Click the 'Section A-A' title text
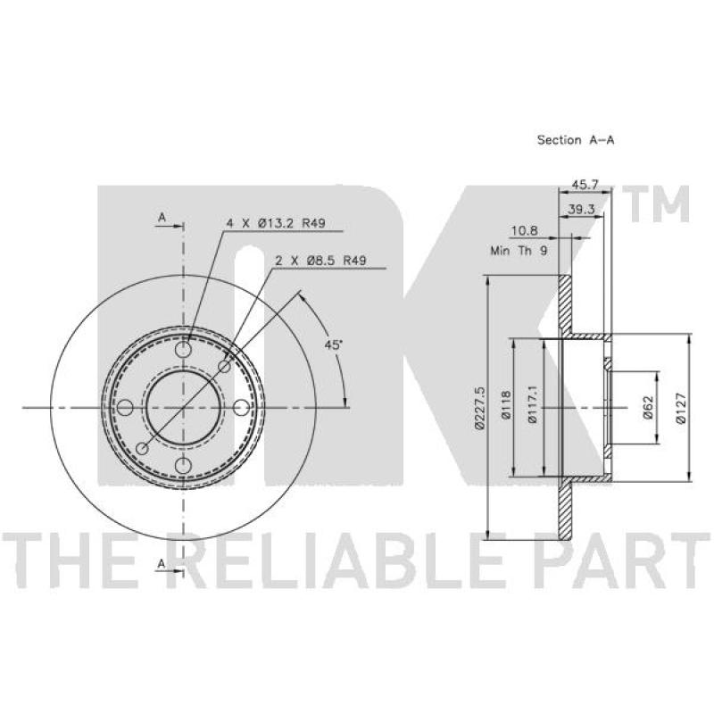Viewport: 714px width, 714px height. pos(575,140)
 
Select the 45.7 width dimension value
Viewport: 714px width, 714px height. pos(585,185)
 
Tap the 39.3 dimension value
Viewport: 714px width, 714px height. pos(581,209)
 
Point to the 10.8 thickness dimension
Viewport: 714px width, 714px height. pos(524,230)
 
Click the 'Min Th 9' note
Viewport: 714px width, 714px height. pos(519,250)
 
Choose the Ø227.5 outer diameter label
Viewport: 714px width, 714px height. pos(479,408)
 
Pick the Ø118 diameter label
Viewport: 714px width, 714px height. pos(505,405)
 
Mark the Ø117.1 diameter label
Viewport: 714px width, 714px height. pos(532,404)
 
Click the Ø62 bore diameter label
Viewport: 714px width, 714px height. pos(648,408)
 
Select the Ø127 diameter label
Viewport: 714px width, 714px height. pos(680,408)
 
